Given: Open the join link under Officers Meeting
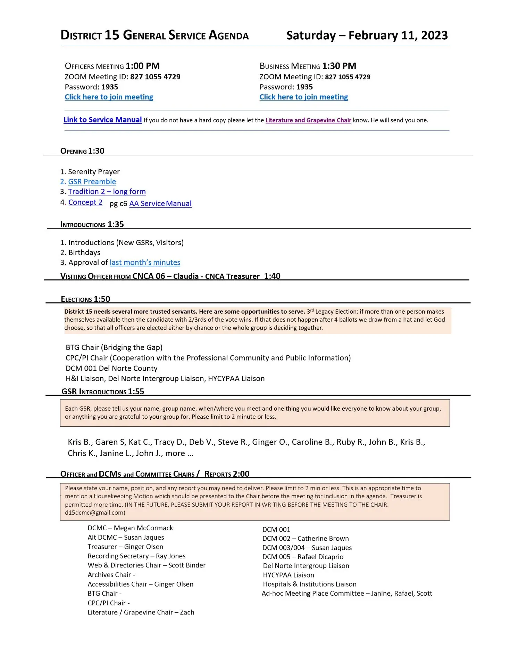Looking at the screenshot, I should pyautogui.click(x=109, y=97).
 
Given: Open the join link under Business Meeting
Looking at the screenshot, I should pyautogui.click(x=303, y=97).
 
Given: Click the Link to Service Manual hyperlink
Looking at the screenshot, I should pyautogui.click(x=102, y=120).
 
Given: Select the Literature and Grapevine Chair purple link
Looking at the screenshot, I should pyautogui.click(x=308, y=120).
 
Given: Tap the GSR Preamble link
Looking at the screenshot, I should pyautogui.click(x=92, y=182).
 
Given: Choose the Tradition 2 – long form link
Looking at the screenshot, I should pyautogui.click(x=107, y=192).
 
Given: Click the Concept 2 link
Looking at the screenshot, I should pyautogui.click(x=85, y=202).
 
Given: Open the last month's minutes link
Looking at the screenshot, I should pyautogui.click(x=145, y=263).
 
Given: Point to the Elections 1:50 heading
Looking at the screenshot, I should pyautogui.click(x=85, y=299).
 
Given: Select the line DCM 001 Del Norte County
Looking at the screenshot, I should pyautogui.click(x=111, y=368).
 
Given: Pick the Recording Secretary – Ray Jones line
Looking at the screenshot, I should pyautogui.click(x=136, y=556).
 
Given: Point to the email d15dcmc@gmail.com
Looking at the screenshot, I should pyautogui.click(x=95, y=513).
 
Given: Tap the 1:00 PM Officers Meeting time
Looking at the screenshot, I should pyautogui.click(x=142, y=66).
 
